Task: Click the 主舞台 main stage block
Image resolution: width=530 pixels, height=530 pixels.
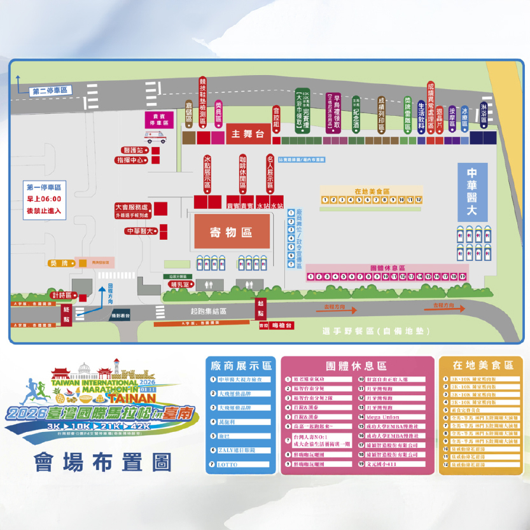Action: pyautogui.click(x=248, y=134)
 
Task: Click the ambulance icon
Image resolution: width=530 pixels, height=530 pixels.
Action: pyautogui.click(x=155, y=137)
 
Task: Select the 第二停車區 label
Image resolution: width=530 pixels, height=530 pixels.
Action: pyautogui.click(x=50, y=92)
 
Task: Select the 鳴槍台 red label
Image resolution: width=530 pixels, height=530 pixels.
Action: pyautogui.click(x=281, y=324)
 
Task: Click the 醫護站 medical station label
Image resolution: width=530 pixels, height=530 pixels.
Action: pyautogui.click(x=135, y=150)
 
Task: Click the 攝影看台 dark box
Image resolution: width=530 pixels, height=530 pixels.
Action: pyautogui.click(x=120, y=316)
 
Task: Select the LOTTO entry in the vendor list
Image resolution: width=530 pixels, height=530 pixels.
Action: pyautogui.click(x=228, y=465)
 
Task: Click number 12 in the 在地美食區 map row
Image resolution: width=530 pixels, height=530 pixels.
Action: pyautogui.click(x=419, y=200)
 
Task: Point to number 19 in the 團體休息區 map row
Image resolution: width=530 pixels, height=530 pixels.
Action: pyautogui.click(x=463, y=277)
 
